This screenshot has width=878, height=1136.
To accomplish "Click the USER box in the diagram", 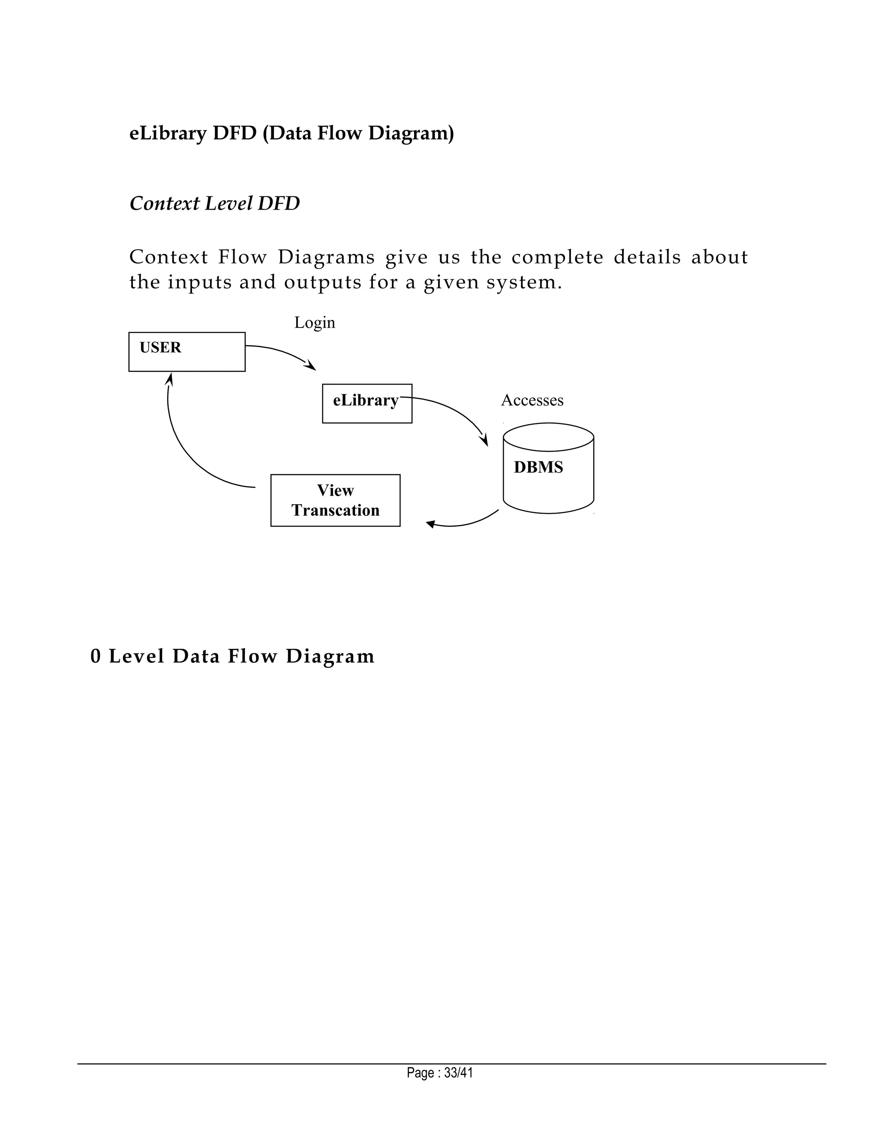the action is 187,352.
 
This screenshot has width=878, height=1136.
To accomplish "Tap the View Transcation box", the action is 336,500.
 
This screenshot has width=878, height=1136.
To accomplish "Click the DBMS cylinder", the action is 548,468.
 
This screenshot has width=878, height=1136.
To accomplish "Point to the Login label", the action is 315,322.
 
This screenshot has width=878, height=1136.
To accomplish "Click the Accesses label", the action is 532,400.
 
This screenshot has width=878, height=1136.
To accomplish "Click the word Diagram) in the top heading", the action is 411,133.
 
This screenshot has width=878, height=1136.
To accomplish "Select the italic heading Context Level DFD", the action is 214,203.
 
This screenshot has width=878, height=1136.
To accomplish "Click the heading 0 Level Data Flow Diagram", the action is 232,656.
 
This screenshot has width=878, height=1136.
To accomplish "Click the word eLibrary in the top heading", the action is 168,133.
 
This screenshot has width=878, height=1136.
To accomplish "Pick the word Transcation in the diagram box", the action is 336,510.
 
